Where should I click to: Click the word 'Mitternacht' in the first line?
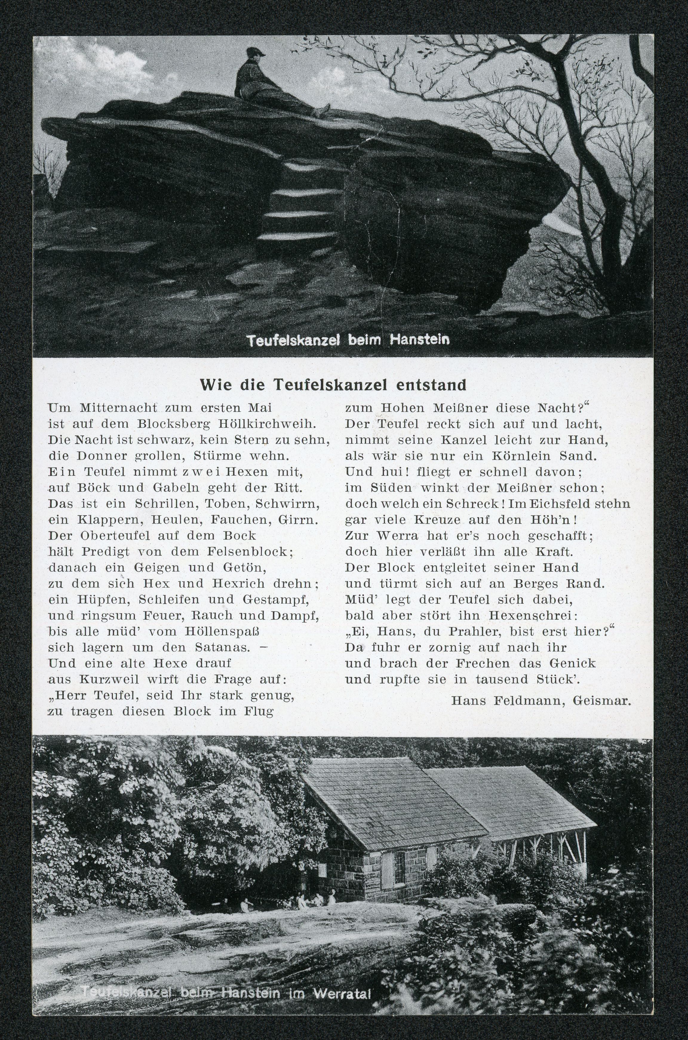pos(119,408)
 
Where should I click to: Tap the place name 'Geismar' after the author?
pos(602,700)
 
